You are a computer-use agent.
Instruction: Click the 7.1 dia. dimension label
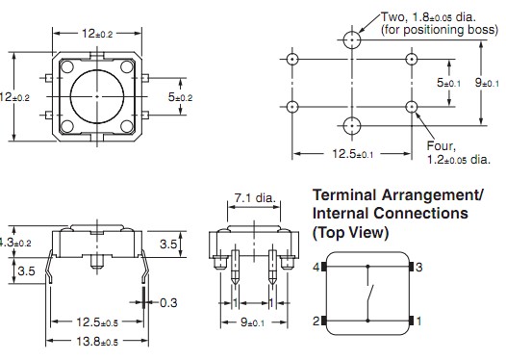pos(254,198)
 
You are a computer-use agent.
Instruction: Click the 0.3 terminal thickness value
pos(169,302)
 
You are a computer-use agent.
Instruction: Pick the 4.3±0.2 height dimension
pos(14,243)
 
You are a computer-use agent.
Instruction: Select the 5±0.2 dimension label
pos(180,98)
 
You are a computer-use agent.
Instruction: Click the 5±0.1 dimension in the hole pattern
pos(448,84)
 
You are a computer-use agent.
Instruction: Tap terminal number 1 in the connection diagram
pos(425,320)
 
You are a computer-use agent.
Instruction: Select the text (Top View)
pos(351,232)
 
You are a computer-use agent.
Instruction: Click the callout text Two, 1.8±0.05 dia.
pos(433,15)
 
